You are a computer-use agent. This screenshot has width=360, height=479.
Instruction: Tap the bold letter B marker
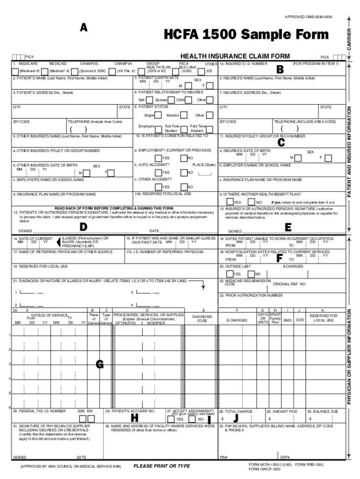point(280,69)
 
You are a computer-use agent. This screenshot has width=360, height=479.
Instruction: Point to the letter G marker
point(100,364)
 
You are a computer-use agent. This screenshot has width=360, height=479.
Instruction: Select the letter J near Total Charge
point(236,417)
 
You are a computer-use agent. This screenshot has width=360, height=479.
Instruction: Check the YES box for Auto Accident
point(158,173)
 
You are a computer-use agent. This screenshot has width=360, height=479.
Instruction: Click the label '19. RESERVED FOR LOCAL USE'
point(41,266)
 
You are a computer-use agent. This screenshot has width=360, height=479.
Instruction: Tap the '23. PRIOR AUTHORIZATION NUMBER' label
point(251,296)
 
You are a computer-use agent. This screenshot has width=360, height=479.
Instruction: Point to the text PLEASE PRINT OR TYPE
point(162,466)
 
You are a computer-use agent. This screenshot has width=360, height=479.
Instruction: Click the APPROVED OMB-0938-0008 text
point(309,17)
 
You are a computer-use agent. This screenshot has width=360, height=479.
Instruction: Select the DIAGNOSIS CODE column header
point(202,319)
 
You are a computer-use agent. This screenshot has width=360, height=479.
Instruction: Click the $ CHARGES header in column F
point(237,320)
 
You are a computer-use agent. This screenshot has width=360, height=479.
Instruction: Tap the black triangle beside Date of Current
point(58,242)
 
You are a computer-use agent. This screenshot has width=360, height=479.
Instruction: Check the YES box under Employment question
point(158,158)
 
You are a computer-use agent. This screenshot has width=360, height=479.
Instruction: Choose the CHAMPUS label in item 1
point(88,63)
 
